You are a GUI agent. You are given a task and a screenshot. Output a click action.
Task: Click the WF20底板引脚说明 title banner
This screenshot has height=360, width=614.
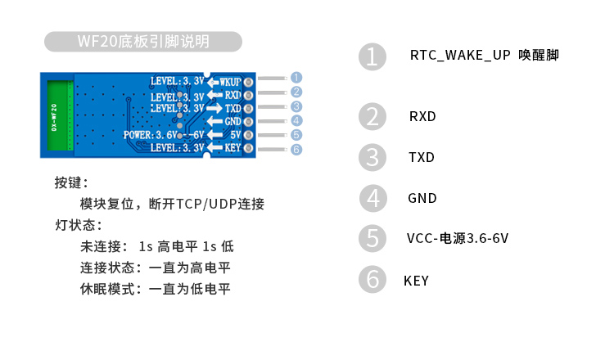pyautogui.click(x=143, y=42)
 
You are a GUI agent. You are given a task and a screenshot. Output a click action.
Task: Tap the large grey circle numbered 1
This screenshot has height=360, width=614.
pyautogui.click(x=372, y=57)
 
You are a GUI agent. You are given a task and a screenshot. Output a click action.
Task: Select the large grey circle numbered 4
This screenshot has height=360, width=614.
pyautogui.click(x=372, y=198)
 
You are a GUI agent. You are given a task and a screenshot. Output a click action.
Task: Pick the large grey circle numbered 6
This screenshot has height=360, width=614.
pyautogui.click(x=372, y=280)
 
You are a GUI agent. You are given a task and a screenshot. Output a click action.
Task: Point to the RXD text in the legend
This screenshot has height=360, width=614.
pyautogui.click(x=422, y=116)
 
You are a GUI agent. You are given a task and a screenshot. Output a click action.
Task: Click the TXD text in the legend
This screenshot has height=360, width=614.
pyautogui.click(x=422, y=157)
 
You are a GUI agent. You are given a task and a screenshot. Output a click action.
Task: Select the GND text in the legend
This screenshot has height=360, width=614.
pyautogui.click(x=422, y=198)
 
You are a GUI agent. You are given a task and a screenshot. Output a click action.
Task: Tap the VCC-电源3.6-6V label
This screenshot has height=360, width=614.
pyautogui.click(x=458, y=239)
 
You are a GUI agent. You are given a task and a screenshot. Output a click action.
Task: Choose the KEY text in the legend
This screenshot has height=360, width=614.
pyautogui.click(x=416, y=281)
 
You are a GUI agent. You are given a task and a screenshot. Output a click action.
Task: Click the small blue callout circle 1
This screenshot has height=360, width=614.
pyautogui.click(x=296, y=77)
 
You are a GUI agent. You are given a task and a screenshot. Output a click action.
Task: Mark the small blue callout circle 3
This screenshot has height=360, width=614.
pyautogui.click(x=296, y=106)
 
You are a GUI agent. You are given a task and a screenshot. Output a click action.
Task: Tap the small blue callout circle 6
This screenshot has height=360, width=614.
pyautogui.click(x=296, y=149)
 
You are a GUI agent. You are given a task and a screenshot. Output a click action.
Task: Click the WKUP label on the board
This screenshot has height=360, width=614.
pyautogui.click(x=230, y=82)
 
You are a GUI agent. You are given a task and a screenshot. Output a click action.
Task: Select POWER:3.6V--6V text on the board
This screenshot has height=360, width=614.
pyautogui.click(x=163, y=134)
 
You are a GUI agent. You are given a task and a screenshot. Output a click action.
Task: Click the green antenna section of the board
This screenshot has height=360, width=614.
pyautogui.click(x=60, y=114)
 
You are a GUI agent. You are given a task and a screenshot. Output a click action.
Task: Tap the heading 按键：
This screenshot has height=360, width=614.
pyautogui.click(x=72, y=182)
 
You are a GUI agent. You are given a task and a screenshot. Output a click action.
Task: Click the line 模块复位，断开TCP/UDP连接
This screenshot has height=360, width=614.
pyautogui.click(x=172, y=204)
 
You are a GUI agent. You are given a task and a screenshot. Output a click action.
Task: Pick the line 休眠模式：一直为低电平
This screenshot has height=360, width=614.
pyautogui.click(x=156, y=289)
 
